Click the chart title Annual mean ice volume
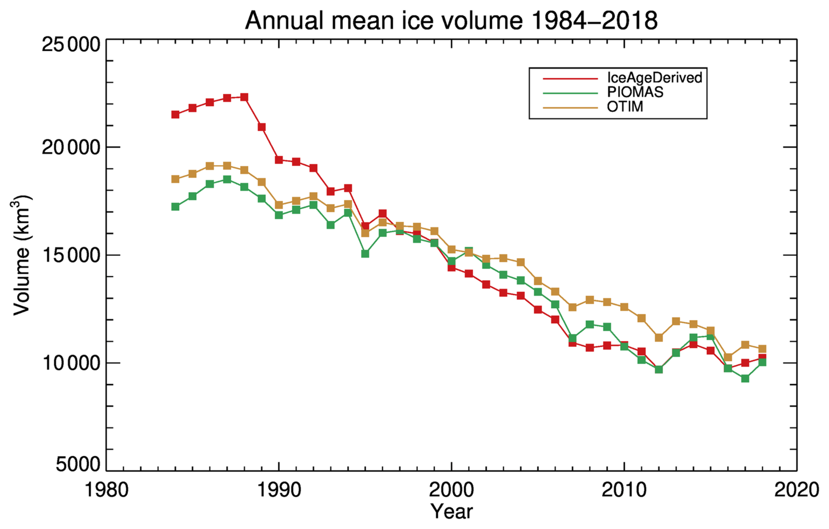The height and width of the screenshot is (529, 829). (x=451, y=21)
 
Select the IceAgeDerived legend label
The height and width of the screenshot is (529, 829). (x=654, y=78)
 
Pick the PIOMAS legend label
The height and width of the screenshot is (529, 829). (x=635, y=92)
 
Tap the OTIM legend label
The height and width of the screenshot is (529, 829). (x=625, y=107)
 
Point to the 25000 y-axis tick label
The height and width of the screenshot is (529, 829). (x=70, y=45)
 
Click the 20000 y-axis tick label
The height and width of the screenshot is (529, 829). (x=70, y=148)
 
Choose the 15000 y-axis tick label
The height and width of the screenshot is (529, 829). (x=70, y=255)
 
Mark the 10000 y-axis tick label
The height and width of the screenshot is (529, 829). (x=70, y=363)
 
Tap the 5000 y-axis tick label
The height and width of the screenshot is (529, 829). (x=78, y=464)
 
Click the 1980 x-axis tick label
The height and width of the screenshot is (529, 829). (x=107, y=490)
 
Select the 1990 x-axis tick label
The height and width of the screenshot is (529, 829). (x=279, y=490)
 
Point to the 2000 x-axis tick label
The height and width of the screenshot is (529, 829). (x=452, y=490)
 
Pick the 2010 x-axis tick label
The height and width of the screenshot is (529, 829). (x=624, y=490)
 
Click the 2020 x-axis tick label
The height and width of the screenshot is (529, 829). (x=796, y=490)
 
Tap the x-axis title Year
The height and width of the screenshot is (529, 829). (x=452, y=512)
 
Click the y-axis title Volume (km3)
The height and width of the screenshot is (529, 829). (x=22, y=255)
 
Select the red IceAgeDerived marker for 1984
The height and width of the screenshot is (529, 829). (x=176, y=115)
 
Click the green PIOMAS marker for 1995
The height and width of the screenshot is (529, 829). (x=365, y=254)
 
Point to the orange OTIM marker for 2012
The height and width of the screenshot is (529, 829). (x=659, y=338)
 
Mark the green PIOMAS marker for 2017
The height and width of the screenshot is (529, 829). (x=745, y=378)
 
